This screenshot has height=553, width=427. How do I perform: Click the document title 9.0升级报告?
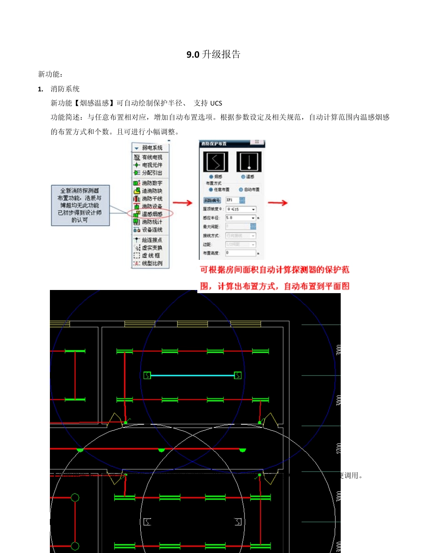[213, 55]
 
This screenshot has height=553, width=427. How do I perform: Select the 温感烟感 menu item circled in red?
[152, 214]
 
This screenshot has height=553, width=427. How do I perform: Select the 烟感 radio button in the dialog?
[211, 177]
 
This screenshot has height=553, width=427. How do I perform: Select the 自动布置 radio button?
[241, 190]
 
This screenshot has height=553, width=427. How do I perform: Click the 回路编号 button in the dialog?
[212, 200]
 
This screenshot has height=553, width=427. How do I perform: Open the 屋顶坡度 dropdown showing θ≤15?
[240, 209]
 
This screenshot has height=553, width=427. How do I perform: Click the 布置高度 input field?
[240, 253]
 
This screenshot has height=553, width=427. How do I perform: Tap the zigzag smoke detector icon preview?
[216, 162]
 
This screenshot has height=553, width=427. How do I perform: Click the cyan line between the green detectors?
[192, 375]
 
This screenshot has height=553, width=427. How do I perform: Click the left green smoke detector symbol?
[147, 375]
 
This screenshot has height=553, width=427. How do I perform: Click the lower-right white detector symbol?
[238, 522]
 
